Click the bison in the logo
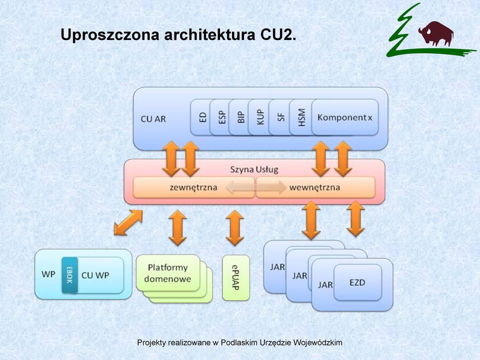(x=436, y=33)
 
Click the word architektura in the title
(x=209, y=34)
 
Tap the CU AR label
(x=153, y=119)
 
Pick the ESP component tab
(x=220, y=117)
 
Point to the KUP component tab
(x=259, y=117)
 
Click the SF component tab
(x=280, y=117)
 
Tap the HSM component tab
(x=301, y=117)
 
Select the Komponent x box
(x=345, y=117)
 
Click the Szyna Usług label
(x=254, y=169)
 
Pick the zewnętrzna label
(x=193, y=187)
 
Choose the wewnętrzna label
(x=314, y=187)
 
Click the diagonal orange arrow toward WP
(x=128, y=222)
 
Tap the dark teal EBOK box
(x=69, y=275)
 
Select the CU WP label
(x=95, y=275)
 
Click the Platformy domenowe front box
(x=168, y=273)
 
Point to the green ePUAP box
(x=235, y=277)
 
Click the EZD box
(x=357, y=282)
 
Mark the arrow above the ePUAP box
(x=235, y=228)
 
